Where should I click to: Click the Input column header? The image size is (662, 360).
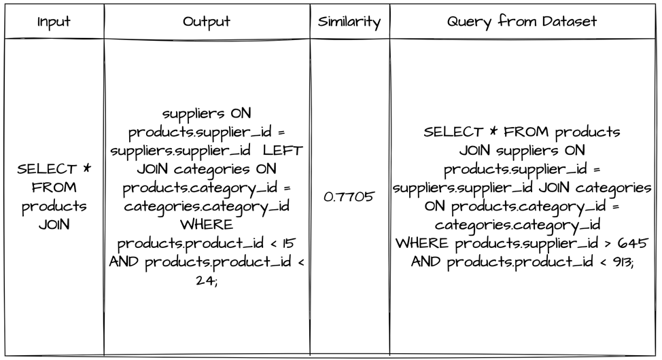[54, 22]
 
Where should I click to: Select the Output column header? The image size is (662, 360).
[207, 22]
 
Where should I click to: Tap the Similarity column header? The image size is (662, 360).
[349, 22]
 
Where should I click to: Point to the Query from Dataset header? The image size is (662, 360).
[522, 21]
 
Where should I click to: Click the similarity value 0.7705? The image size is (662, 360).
[349, 197]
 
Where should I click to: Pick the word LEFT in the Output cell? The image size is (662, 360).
[283, 150]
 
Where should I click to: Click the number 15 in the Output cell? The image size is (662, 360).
[289, 243]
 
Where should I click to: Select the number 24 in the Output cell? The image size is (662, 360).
[206, 281]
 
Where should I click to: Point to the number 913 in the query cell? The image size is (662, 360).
[623, 262]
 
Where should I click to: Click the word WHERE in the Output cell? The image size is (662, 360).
[207, 224]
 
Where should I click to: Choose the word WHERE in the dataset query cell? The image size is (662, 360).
[422, 243]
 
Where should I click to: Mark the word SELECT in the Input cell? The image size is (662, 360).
[46, 169]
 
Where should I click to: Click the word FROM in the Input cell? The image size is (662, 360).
[54, 187]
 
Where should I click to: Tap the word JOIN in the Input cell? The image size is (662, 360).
[54, 224]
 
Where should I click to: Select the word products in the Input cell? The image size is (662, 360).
[54, 206]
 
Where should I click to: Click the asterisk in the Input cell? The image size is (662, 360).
[86, 168]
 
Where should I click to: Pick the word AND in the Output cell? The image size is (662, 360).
[124, 262]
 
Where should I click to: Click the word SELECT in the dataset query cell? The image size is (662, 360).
[453, 132]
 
